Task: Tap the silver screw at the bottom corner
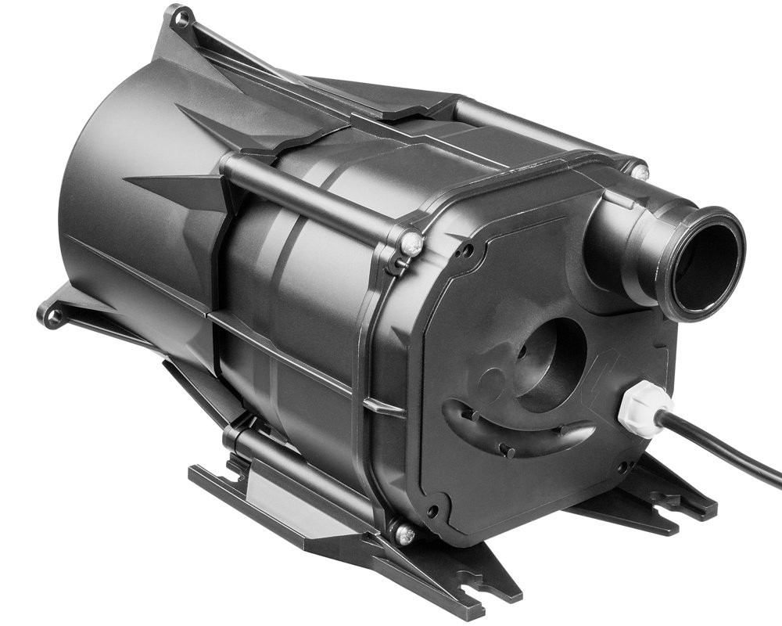point(404,534)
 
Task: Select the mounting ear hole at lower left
point(53,317)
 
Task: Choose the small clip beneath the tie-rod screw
point(399,267)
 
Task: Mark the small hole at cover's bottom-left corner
point(432,513)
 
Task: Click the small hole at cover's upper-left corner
point(467,252)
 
